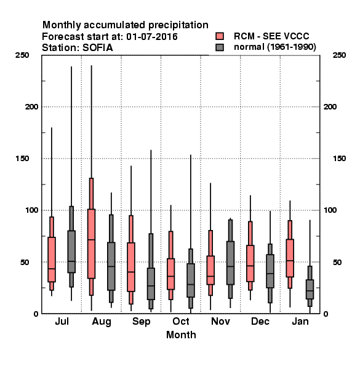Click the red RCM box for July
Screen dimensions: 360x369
tap(52, 260)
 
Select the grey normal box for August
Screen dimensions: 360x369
tap(111, 266)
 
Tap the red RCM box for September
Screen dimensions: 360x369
tap(131, 267)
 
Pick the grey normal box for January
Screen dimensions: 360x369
tap(310, 290)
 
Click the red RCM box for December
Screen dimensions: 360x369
tap(250, 263)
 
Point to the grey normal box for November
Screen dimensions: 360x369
tap(230, 263)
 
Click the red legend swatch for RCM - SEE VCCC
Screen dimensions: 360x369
tap(220, 36)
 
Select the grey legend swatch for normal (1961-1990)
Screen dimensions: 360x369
tap(220, 47)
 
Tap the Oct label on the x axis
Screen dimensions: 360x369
tap(181, 322)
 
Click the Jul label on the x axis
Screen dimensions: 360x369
tap(62, 322)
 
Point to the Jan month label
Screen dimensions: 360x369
tap(300, 322)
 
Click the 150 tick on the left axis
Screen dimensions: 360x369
tap(22, 159)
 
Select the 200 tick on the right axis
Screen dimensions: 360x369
tap(330, 107)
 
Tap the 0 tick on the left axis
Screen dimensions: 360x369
tap(36, 314)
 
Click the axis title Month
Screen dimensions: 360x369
tap(181, 335)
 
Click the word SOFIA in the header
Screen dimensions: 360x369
tap(98, 48)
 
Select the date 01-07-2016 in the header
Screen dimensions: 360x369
tap(152, 37)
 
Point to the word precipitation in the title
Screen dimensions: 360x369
tap(178, 25)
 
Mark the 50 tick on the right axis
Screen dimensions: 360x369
tap(337, 262)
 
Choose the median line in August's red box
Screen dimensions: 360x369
tap(91, 240)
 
